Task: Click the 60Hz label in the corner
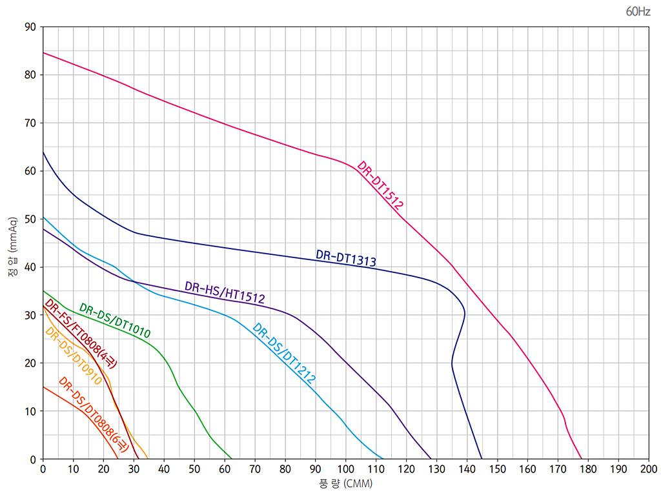point(637,11)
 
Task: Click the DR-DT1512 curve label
point(381,186)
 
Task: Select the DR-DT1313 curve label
point(345,258)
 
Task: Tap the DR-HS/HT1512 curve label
point(225,292)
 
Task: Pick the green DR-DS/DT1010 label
point(115,321)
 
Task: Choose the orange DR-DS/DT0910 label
point(74,356)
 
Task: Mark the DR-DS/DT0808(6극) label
point(94,414)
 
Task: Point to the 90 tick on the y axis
point(30,27)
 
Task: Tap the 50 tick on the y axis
point(30,219)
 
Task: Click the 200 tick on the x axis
point(648,469)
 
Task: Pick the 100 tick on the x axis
point(346,469)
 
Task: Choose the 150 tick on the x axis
point(497,469)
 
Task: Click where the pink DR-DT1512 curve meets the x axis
point(582,459)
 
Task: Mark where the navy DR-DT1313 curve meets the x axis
point(482,459)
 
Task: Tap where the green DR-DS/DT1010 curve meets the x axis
point(232,459)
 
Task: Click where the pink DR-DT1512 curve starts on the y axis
point(43,52)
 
